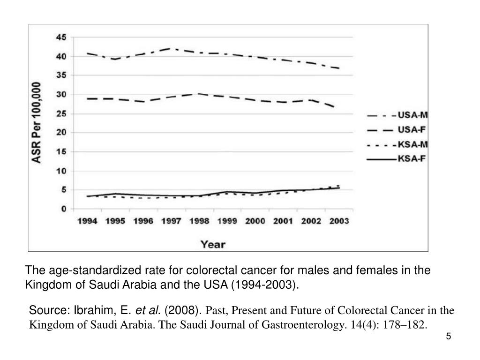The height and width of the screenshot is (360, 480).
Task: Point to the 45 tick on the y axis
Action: (x=61, y=37)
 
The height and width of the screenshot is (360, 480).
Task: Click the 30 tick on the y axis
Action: (x=61, y=95)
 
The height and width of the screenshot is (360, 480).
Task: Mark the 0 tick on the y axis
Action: (x=63, y=209)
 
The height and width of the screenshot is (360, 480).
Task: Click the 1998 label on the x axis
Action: (x=199, y=221)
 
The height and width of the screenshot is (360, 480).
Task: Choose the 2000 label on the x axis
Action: (x=255, y=221)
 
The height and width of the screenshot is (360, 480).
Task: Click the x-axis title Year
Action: (x=213, y=244)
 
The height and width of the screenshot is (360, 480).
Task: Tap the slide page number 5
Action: (x=449, y=337)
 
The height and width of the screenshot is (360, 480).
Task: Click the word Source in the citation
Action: (x=49, y=310)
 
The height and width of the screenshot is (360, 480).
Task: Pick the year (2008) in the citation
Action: (x=183, y=310)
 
